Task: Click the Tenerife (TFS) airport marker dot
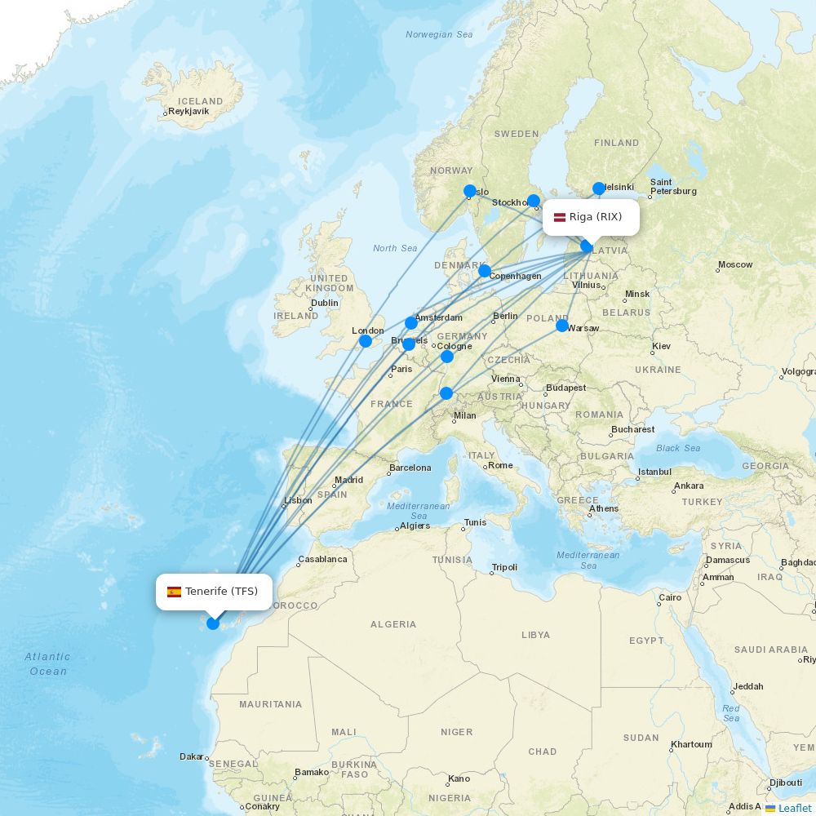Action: [x=213, y=623]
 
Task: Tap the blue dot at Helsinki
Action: [x=599, y=188]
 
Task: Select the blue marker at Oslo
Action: [x=470, y=191]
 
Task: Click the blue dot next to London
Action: [x=366, y=340]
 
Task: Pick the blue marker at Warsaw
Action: [x=562, y=326]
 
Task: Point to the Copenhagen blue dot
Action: [x=485, y=271]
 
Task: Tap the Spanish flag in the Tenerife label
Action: [x=174, y=592]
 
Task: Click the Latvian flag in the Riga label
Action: [x=560, y=217]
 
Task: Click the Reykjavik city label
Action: [x=188, y=111]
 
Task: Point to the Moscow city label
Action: [x=735, y=265]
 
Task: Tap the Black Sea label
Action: [x=678, y=448]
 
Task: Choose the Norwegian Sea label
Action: [x=439, y=35]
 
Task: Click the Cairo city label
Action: [x=670, y=597]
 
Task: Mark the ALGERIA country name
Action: [x=393, y=624]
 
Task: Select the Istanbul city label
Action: [x=654, y=472]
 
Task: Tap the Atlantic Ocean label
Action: [x=47, y=663]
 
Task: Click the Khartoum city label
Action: [x=690, y=744]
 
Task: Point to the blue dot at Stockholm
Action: [x=534, y=201]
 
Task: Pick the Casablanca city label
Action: [x=323, y=560]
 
